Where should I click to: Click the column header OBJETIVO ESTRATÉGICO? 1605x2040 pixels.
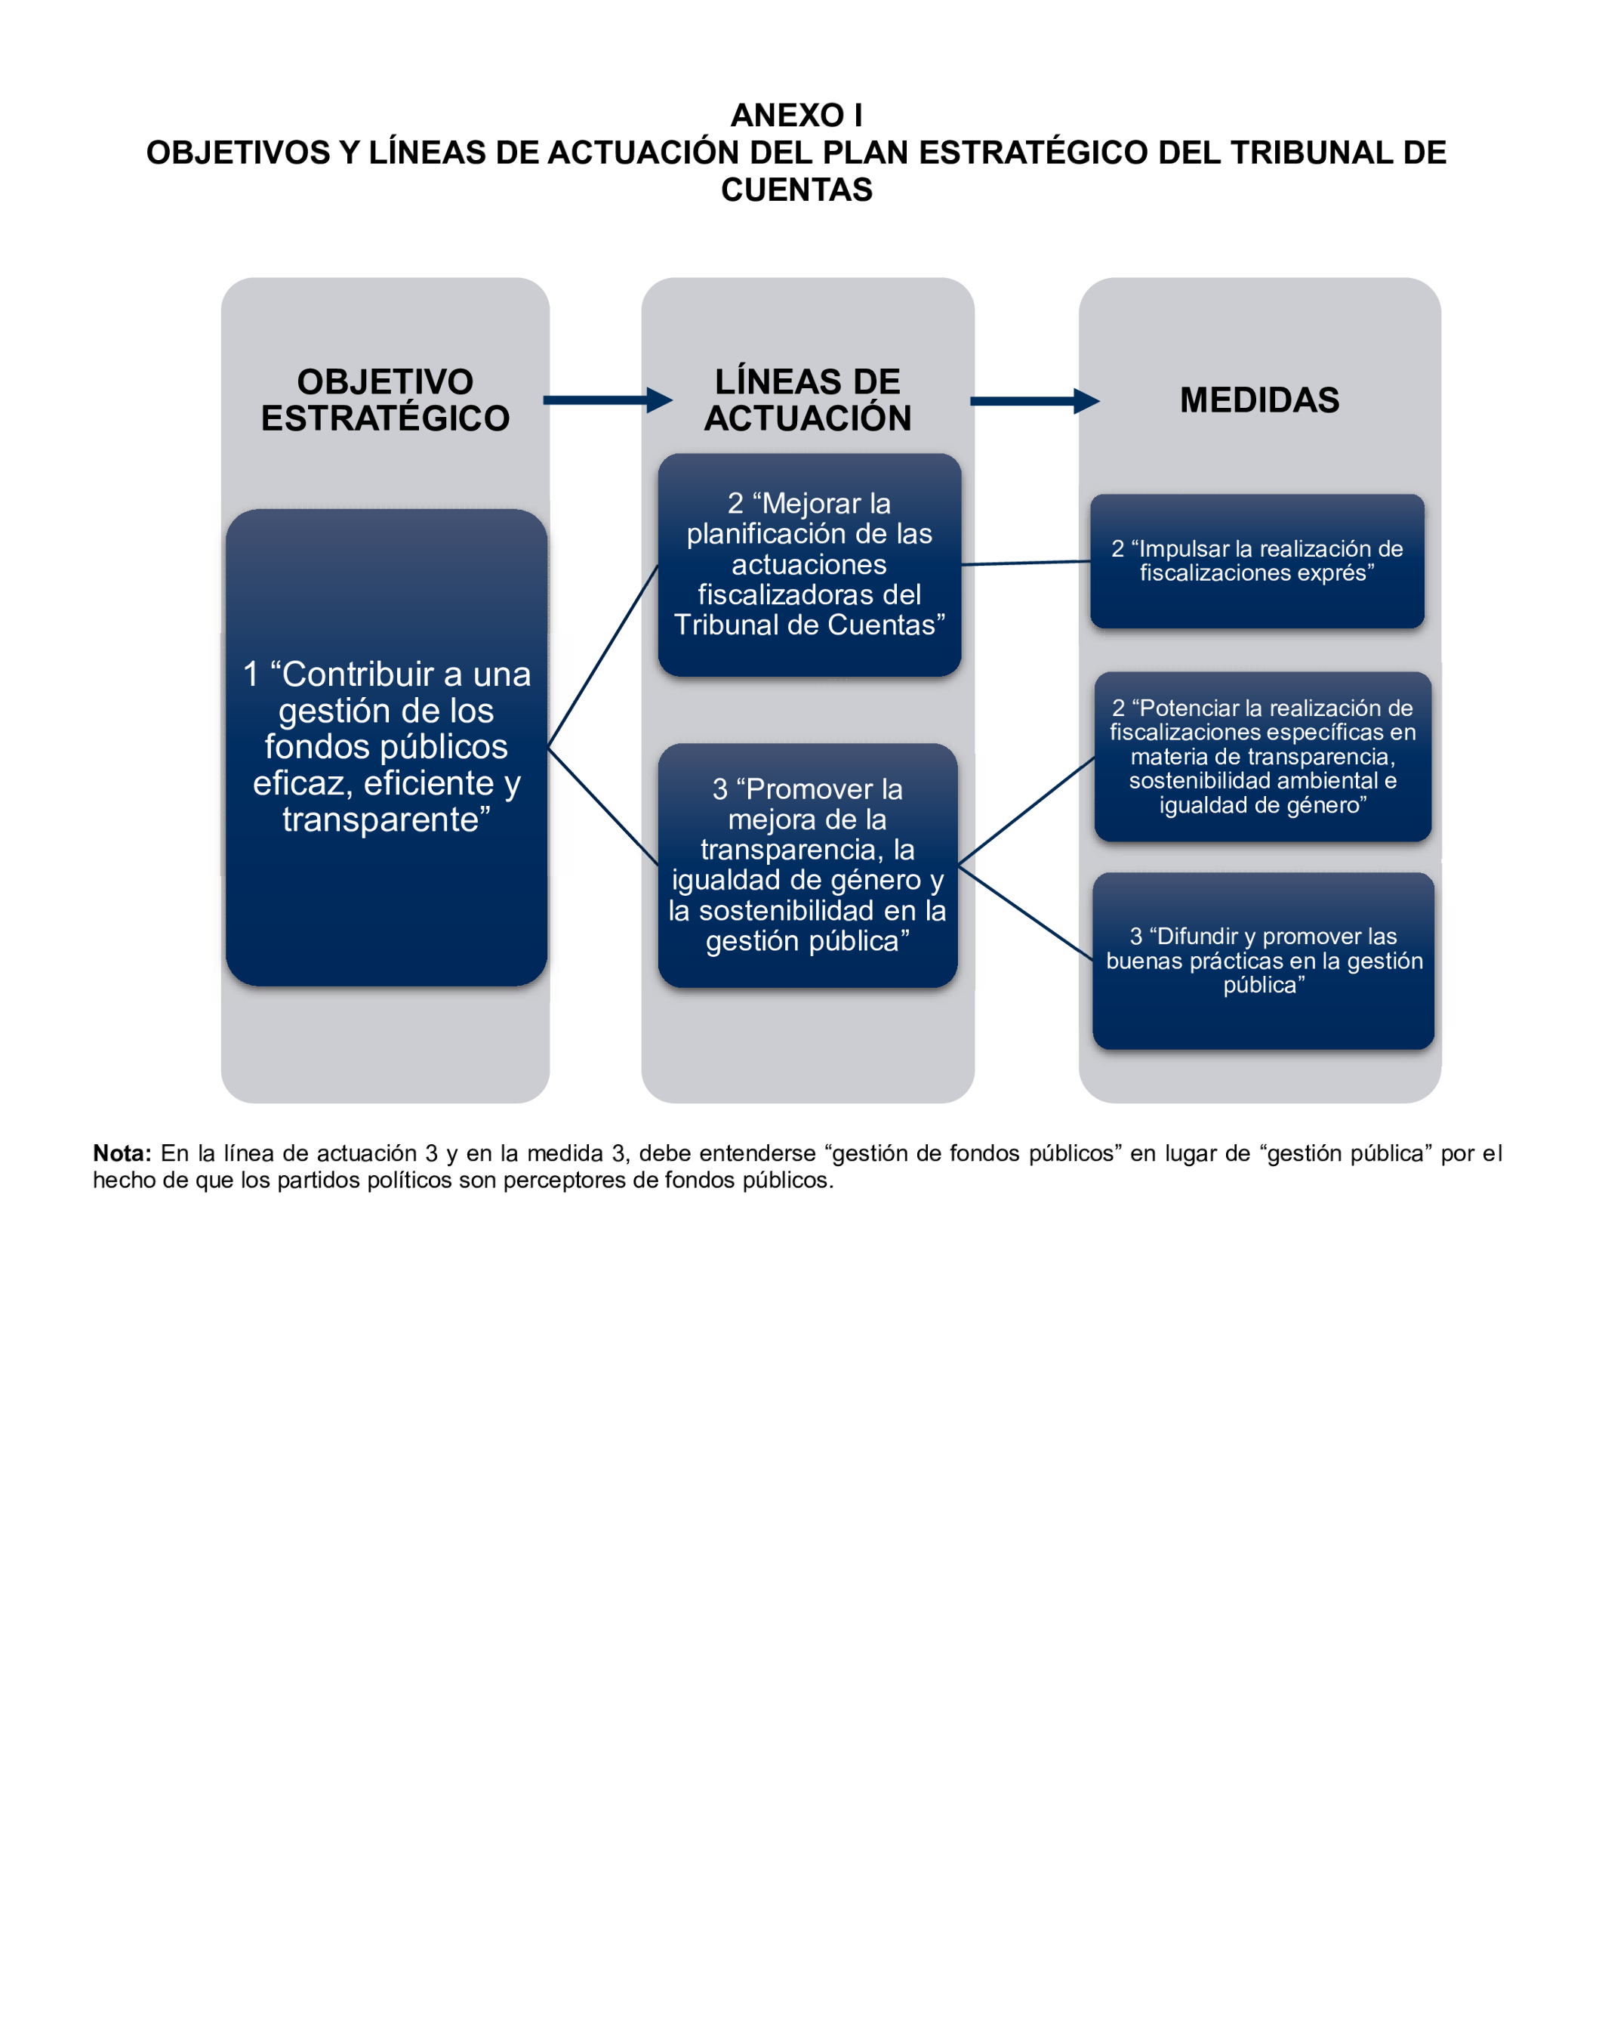385,400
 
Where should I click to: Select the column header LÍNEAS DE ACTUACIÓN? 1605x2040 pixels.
807,400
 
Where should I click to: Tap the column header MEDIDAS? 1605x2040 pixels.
1259,400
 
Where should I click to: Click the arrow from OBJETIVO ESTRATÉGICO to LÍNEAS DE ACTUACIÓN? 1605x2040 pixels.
606,400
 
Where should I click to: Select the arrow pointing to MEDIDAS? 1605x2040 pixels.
1034,401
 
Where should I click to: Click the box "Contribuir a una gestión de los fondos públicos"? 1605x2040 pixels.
387,748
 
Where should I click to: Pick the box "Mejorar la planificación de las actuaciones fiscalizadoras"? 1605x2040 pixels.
809,564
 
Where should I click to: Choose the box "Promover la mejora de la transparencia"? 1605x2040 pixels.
807,864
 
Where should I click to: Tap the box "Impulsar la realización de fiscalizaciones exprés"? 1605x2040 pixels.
1256,561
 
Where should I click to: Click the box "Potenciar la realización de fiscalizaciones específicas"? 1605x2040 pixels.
1262,756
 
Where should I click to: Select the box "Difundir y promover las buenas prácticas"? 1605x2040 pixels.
1263,960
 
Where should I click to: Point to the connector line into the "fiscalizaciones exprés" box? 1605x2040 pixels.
1026,563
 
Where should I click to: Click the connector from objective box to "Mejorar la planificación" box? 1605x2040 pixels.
603,656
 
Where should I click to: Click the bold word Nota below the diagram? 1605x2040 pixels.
122,1153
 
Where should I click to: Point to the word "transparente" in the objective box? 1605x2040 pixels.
387,819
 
